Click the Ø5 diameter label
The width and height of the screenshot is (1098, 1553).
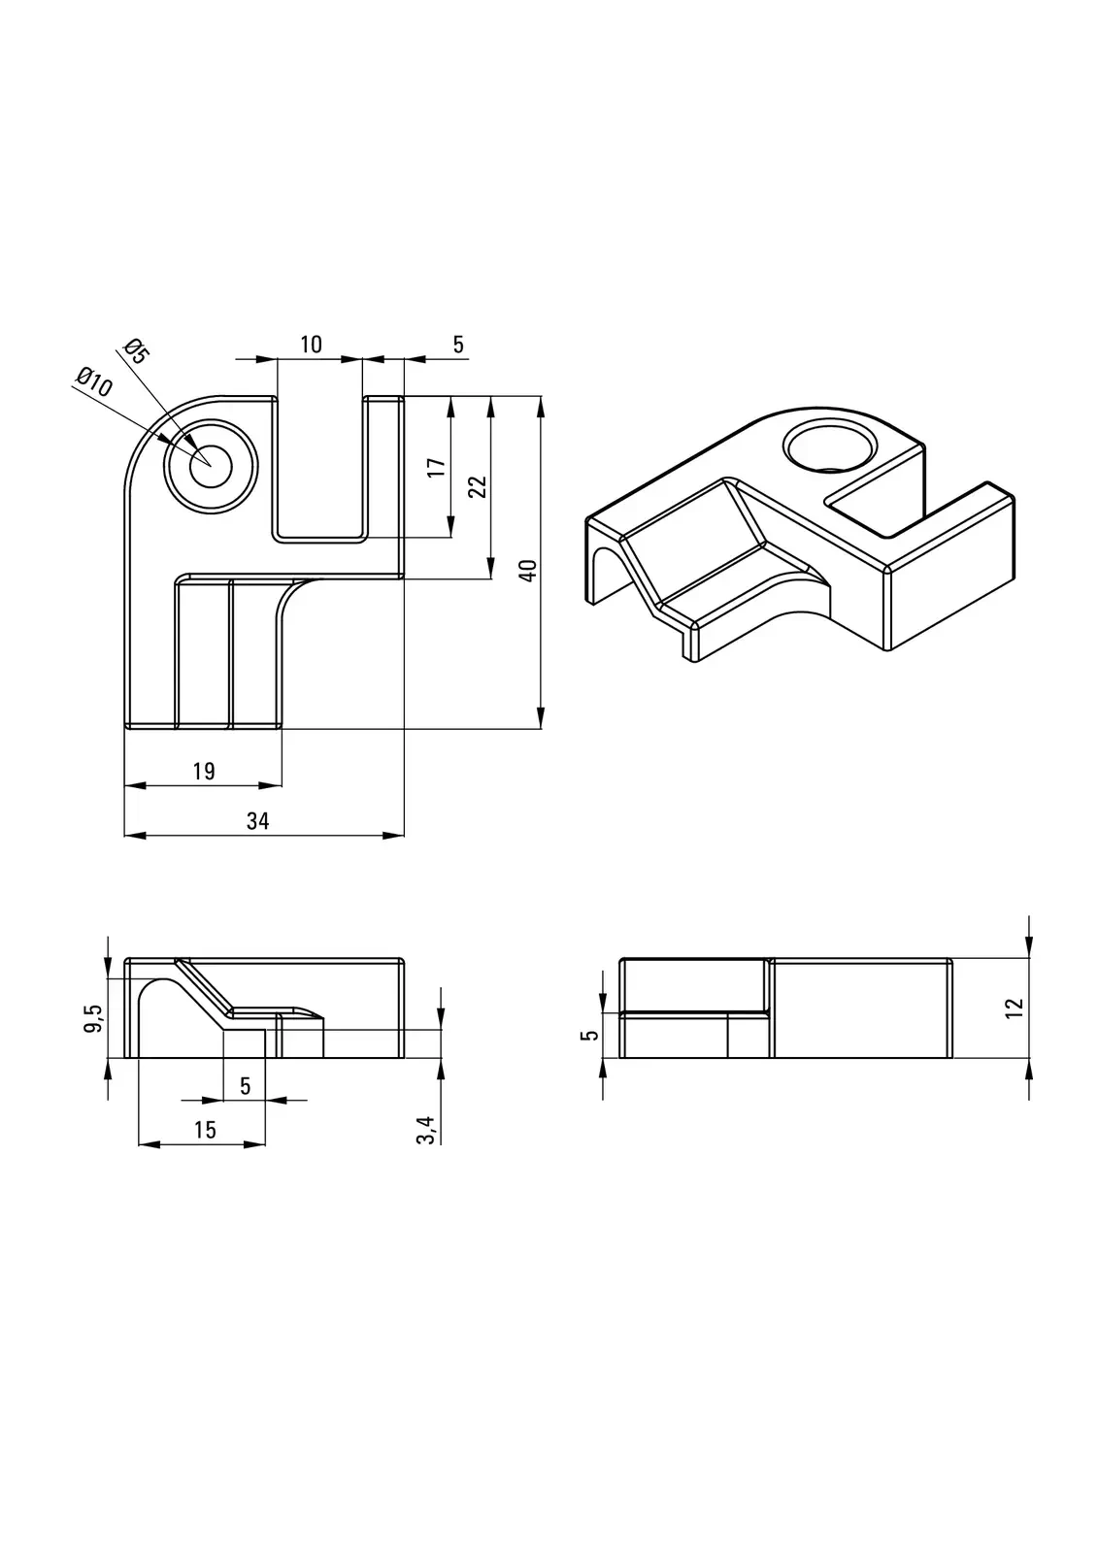coord(136,350)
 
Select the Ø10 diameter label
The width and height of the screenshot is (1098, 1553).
coord(94,380)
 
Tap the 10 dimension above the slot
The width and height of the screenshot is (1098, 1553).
coord(311,345)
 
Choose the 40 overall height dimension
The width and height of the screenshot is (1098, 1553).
coord(528,571)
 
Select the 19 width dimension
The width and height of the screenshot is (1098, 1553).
coord(204,772)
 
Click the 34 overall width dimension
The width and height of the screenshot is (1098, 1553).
coord(257,821)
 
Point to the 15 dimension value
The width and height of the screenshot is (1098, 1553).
coord(205,1130)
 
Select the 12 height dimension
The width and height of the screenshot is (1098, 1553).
coord(1015,1008)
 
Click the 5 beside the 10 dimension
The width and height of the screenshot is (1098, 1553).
coord(458,345)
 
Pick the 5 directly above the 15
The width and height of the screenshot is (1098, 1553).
coord(245,1086)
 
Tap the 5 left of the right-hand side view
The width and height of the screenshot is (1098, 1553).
coord(589,1035)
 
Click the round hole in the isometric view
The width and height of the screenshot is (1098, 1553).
coord(830,447)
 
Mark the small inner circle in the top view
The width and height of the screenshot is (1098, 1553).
coord(211,467)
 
